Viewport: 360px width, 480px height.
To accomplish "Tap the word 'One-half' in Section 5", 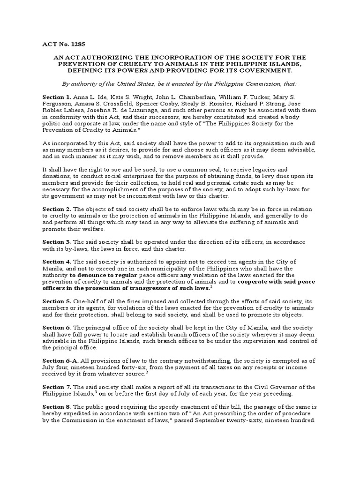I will coord(88,301).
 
